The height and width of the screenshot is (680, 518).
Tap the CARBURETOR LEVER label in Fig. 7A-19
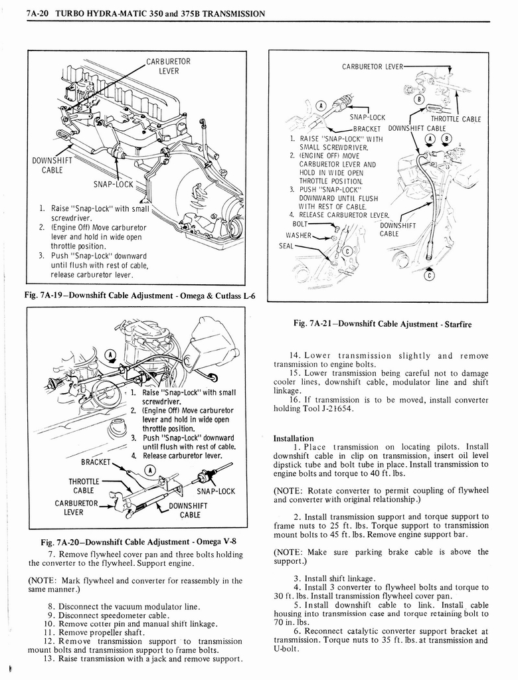(168, 66)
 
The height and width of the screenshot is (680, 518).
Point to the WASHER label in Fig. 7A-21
(300, 235)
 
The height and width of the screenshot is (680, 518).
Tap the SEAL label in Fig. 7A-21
(286, 246)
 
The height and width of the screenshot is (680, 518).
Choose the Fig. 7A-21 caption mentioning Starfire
(381, 324)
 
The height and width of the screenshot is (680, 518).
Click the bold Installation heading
(294, 438)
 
